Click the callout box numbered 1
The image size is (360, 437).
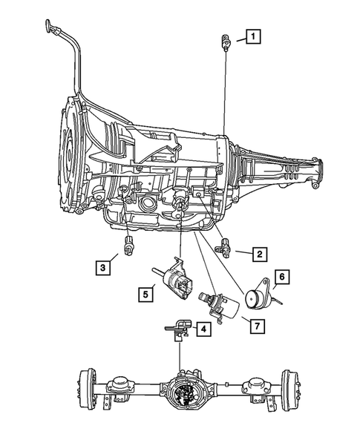[254, 35]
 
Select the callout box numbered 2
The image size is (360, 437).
[259, 254]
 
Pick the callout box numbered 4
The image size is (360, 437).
[202, 328]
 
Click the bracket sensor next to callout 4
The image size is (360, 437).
[177, 329]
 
